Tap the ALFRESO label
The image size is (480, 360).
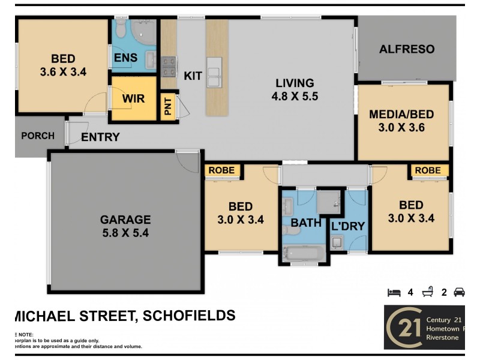[407, 49]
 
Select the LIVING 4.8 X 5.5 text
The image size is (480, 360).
[295, 89]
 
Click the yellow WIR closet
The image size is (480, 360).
[133, 98]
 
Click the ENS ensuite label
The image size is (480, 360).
[126, 58]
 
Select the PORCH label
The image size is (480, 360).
[38, 136]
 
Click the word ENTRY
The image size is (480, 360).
[100, 137]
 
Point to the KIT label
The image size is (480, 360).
[193, 76]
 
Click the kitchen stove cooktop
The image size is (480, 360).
[168, 66]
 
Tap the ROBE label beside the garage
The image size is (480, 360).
[221, 170]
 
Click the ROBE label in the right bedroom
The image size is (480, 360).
[428, 170]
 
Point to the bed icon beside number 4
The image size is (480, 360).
[394, 293]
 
